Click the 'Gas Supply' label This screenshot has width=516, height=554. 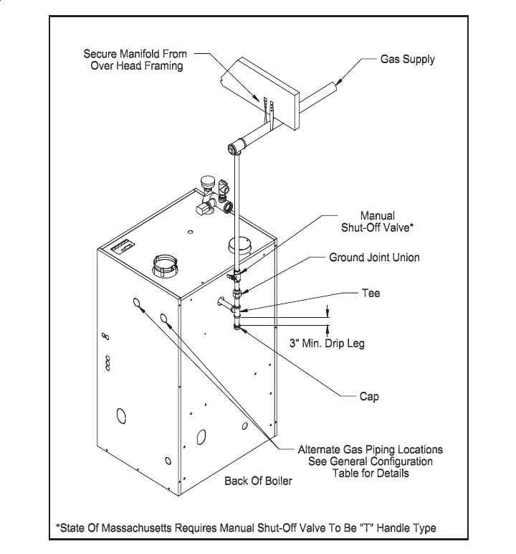point(407,60)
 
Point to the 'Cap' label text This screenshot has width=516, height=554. point(368,396)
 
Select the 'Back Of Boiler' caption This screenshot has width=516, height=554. point(259,480)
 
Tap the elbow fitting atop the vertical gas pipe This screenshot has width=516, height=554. point(234,150)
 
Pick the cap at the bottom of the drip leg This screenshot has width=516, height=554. point(237,329)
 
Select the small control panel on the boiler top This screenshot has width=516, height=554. point(121,248)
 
